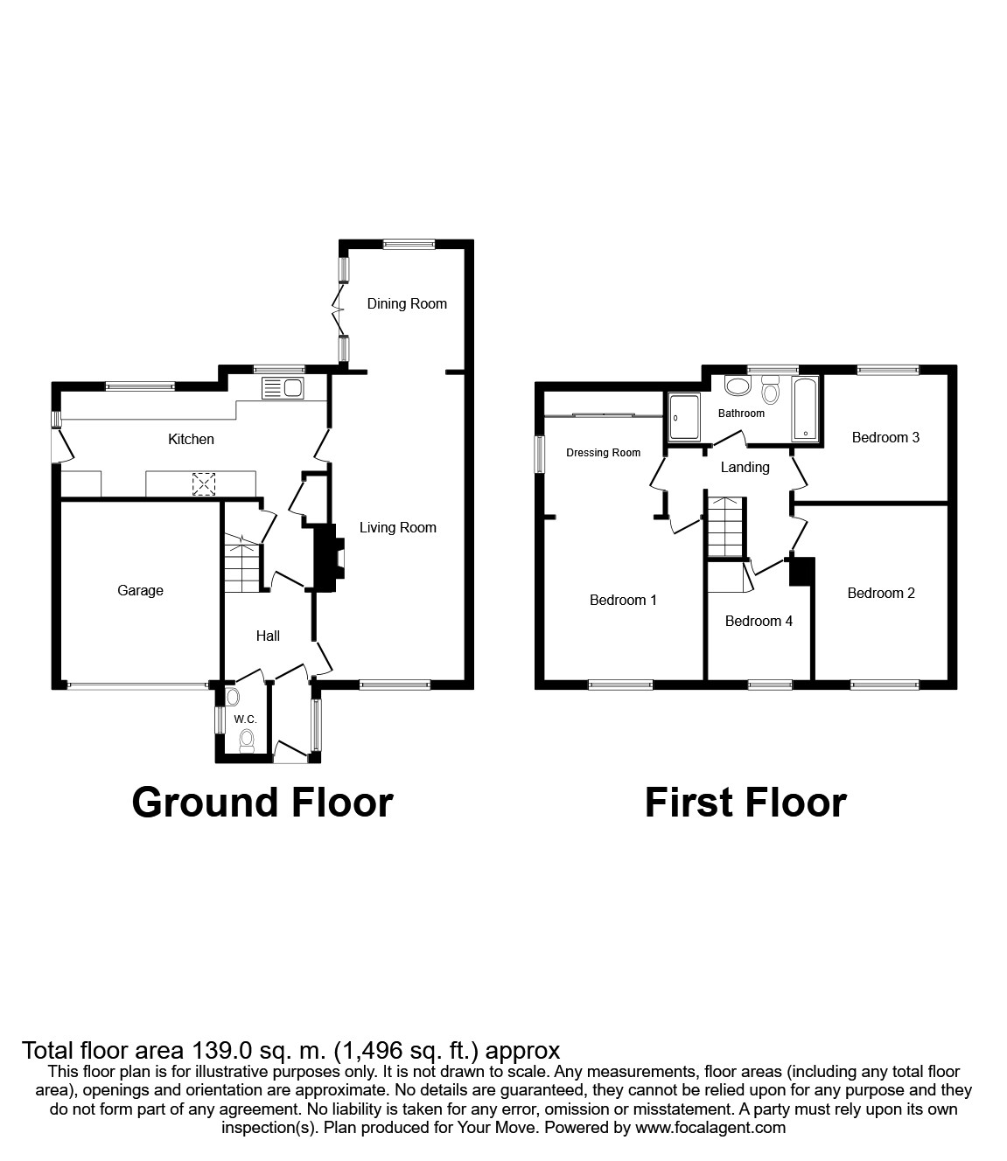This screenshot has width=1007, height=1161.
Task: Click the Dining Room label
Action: point(407,304)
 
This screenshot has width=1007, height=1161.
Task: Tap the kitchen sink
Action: point(281,388)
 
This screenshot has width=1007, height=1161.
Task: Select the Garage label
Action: point(140,591)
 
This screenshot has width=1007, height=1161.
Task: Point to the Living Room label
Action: point(397,528)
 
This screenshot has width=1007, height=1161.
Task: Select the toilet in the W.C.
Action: point(247,740)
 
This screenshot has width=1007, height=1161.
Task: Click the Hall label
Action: point(268,636)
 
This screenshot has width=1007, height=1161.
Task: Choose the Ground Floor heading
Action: point(262,803)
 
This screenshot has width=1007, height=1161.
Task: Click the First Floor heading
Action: point(745,803)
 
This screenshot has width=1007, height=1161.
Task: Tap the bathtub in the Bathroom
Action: point(805,409)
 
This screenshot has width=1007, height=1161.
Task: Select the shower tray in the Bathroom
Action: point(684,419)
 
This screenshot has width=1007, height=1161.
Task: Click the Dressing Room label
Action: point(604,453)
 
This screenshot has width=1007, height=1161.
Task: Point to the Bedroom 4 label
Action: point(759,622)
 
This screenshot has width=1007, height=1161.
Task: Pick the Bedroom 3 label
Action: point(885,438)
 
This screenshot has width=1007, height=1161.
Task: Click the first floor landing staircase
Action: point(726,526)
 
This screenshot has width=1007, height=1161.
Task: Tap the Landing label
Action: point(745,468)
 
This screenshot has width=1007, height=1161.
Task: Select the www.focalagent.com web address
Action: point(710,1128)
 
